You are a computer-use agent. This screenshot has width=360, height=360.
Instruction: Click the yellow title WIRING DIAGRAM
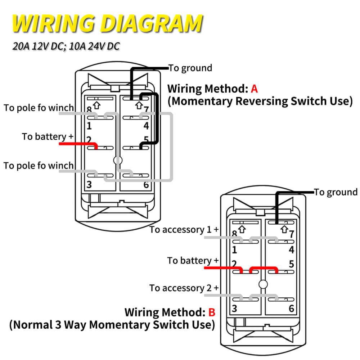click(x=107, y=24)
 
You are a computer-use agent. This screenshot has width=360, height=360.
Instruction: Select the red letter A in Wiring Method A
click(x=254, y=88)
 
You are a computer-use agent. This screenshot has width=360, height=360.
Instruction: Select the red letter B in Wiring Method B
click(x=212, y=312)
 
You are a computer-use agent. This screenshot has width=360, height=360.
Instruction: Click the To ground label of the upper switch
click(x=190, y=68)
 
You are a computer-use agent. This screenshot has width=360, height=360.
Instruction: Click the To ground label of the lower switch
click(x=336, y=192)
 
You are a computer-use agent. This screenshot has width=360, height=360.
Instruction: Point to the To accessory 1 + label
click(x=184, y=230)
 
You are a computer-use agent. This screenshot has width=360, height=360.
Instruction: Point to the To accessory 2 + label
click(x=184, y=288)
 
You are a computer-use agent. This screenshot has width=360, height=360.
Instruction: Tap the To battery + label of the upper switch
click(x=48, y=136)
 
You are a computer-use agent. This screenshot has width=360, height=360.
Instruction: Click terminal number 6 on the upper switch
click(x=146, y=185)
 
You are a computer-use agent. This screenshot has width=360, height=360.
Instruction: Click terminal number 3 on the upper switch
click(x=89, y=185)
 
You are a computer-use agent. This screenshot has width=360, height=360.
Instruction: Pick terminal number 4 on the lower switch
click(x=292, y=250)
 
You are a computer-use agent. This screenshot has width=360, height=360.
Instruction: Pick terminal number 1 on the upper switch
click(x=89, y=126)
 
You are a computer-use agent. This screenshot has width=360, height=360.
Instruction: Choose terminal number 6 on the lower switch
click(x=292, y=309)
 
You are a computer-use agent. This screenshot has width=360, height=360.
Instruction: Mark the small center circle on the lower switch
click(x=263, y=284)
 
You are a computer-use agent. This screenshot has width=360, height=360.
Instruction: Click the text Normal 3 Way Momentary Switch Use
click(x=112, y=324)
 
